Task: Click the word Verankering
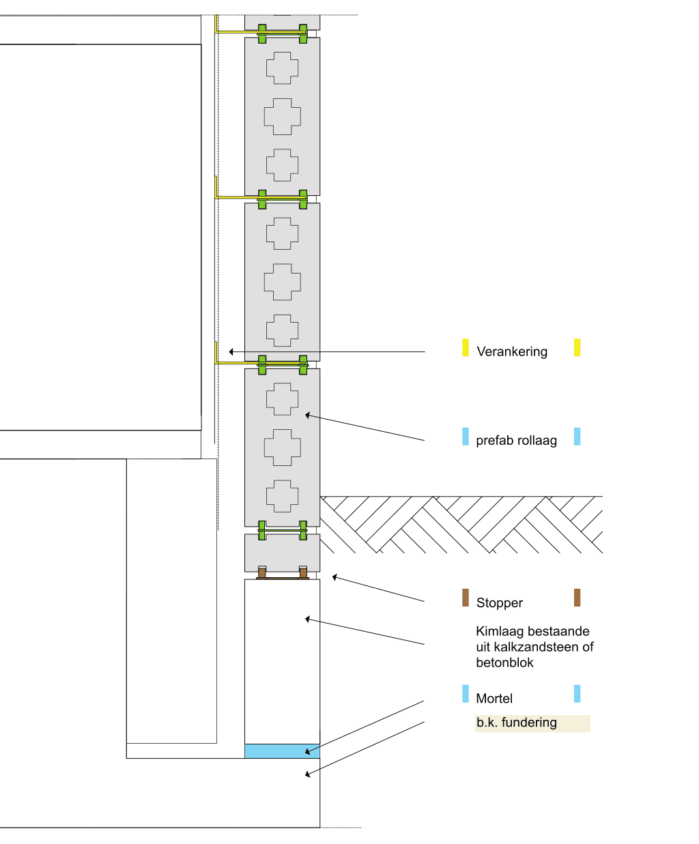512,352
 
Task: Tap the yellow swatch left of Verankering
466,347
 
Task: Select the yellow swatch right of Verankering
577,347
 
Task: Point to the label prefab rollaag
516,441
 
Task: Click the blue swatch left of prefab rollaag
466,437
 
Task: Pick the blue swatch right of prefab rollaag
577,437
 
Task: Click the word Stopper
500,603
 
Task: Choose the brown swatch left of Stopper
466,598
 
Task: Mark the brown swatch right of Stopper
577,598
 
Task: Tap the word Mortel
494,699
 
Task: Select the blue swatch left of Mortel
466,694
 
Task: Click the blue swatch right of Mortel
577,694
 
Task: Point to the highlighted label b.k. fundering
517,723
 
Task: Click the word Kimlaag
499,632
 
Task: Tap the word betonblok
504,663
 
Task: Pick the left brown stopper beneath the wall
261,572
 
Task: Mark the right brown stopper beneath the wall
303,572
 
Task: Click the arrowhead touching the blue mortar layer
309,752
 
